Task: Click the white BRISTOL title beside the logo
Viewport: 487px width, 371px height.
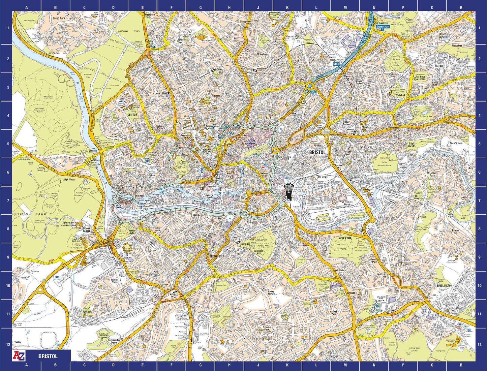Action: pyautogui.click(x=48, y=356)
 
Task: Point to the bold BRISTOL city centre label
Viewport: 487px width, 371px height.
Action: pyautogui.click(x=317, y=152)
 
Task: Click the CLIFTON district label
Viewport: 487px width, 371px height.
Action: pyautogui.click(x=132, y=115)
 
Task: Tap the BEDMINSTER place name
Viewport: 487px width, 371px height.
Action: pyautogui.click(x=217, y=256)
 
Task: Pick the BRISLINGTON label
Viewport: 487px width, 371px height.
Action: pyautogui.click(x=444, y=285)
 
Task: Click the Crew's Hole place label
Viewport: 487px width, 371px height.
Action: pyautogui.click(x=456, y=143)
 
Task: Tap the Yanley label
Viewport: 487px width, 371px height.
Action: pyautogui.click(x=18, y=342)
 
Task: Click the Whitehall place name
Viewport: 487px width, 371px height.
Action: pyautogui.click(x=400, y=95)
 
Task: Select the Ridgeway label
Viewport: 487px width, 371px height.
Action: pyautogui.click(x=457, y=45)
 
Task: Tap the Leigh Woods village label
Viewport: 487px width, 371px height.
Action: pyautogui.click(x=69, y=180)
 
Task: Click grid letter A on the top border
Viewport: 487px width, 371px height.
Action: pyautogui.click(x=27, y=7)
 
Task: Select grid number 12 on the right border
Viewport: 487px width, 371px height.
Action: pyautogui.click(x=479, y=344)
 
